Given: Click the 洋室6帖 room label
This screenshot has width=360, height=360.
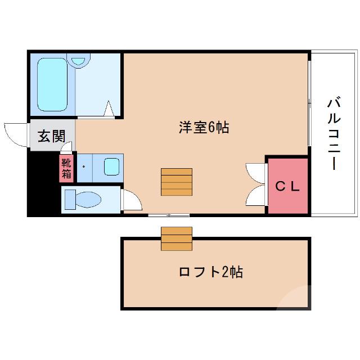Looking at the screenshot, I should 204,128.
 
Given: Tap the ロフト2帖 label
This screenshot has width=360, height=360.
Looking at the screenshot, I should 210,273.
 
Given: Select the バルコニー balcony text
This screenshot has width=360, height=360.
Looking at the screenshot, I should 334,133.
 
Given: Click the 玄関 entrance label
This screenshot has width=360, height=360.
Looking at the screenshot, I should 51,136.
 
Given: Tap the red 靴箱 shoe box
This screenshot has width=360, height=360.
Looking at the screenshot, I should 67,168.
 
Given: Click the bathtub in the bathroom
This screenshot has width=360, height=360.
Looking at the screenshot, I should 52,85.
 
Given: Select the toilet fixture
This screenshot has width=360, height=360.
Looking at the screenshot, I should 82,199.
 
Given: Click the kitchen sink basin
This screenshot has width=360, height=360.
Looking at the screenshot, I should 112,167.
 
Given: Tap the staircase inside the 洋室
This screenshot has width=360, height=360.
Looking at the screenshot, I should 177,182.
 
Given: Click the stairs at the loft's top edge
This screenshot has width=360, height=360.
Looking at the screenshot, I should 177,238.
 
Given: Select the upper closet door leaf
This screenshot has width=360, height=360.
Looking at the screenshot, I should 255,172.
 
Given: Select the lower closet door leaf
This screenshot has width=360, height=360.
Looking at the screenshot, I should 255,197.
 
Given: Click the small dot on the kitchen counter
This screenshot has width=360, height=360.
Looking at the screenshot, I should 83,166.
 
